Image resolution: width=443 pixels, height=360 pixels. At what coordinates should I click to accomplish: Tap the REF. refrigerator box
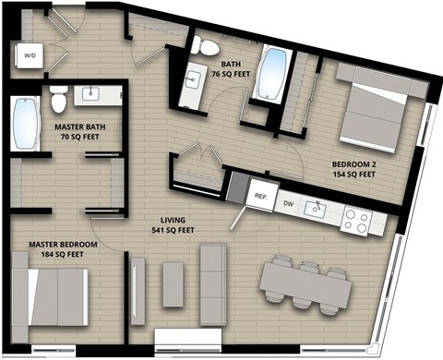click(x=261, y=196)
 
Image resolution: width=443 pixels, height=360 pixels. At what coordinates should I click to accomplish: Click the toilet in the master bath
click(x=58, y=96)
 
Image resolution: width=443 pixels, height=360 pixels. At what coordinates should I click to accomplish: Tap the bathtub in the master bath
click(x=24, y=126)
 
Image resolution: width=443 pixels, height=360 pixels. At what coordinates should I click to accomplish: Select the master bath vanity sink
click(x=92, y=94)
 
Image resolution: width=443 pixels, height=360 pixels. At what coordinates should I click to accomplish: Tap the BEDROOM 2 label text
click(x=353, y=168)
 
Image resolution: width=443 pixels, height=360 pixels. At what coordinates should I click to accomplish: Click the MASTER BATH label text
click(x=77, y=130)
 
